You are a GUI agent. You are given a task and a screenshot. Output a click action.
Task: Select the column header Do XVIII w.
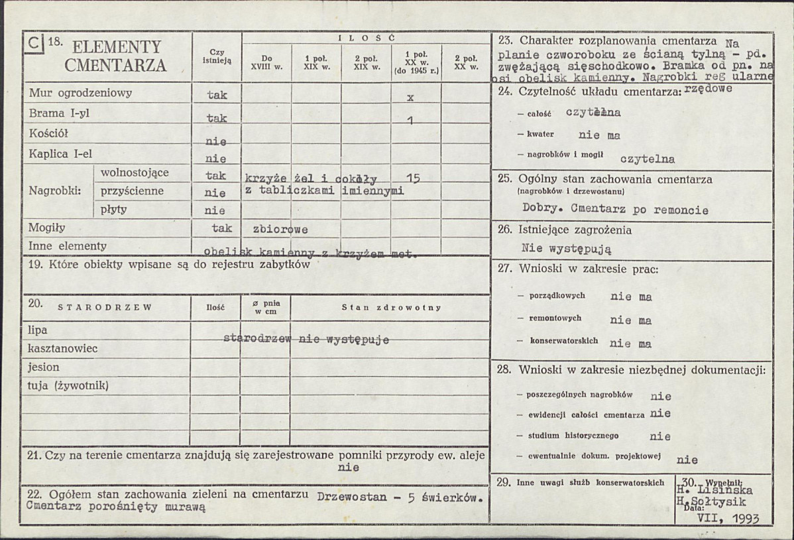point(266,62)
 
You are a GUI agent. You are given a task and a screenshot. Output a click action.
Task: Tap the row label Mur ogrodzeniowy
point(81,94)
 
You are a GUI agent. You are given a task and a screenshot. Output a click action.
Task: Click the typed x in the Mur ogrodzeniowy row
point(410,97)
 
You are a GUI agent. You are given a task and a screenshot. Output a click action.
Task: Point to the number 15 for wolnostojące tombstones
point(412,178)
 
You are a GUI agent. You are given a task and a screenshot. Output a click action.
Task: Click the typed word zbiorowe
point(276,230)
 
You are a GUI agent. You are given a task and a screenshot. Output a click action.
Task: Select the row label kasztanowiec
point(63,348)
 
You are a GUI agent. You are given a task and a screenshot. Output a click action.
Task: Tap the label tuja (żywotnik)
point(68,385)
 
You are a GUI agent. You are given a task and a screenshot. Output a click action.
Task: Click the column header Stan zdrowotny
point(391,308)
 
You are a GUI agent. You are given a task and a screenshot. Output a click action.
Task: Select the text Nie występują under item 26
point(566,249)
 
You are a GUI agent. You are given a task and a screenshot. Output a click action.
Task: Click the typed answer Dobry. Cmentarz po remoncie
point(615,210)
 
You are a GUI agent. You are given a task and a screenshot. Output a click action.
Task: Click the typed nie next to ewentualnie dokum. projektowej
point(687,459)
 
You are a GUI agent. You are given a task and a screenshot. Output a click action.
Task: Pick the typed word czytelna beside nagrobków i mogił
point(648,159)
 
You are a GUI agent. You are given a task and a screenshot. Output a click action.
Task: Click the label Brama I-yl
point(60,113)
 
